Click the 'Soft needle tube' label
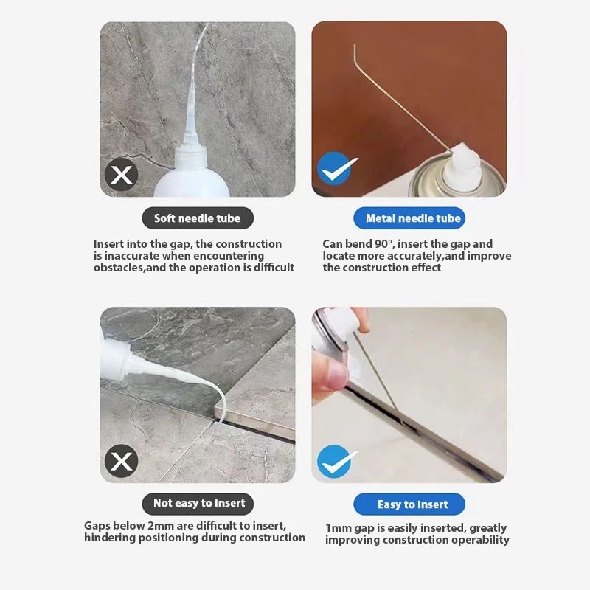click(198, 218)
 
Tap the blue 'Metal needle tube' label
click(409, 218)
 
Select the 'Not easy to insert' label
click(198, 504)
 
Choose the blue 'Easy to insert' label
click(409, 504)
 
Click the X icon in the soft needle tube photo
click(121, 175)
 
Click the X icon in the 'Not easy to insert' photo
click(121, 461)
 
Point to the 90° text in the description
click(383, 244)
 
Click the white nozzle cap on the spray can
click(462, 164)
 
